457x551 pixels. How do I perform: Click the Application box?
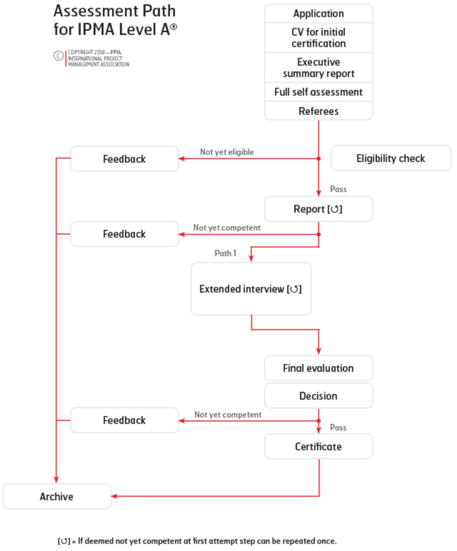318,14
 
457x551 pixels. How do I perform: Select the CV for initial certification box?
318,37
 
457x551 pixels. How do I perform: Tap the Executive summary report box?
318,67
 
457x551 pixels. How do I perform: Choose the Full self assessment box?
318,92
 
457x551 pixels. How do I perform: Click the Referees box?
318,111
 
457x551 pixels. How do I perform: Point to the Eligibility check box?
391,158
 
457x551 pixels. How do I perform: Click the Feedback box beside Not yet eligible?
124,159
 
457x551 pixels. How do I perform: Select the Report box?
318,209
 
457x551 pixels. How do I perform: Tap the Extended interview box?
251,289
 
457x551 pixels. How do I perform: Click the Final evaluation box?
318,368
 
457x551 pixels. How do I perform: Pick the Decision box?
318,396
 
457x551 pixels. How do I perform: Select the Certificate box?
318,446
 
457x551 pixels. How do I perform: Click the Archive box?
56,496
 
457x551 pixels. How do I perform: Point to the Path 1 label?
225,253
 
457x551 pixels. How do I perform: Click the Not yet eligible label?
227,152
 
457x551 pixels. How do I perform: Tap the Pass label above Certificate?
338,427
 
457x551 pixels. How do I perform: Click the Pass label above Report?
338,189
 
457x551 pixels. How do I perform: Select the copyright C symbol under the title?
59,56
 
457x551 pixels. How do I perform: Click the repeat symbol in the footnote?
64,541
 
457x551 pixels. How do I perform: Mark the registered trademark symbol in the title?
174,26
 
